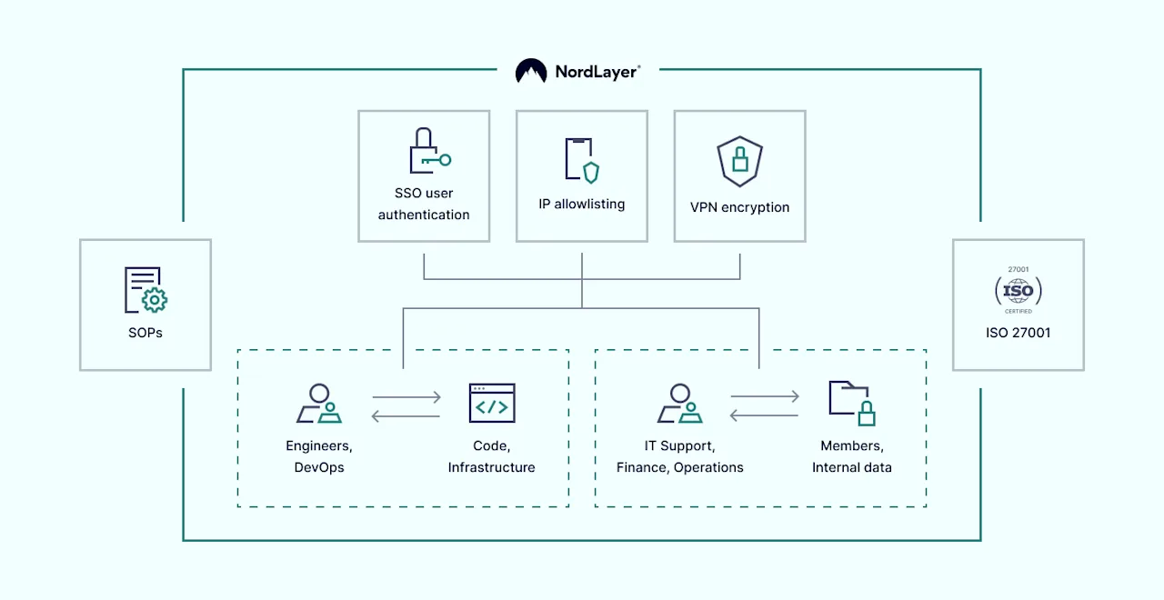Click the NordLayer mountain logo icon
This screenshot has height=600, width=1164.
click(x=531, y=72)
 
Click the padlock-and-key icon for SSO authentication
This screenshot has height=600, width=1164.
click(x=425, y=151)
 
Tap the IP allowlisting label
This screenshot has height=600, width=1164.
click(x=582, y=205)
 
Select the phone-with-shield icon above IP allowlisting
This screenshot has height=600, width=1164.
click(x=582, y=160)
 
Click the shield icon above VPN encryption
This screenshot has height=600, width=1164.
click(x=739, y=160)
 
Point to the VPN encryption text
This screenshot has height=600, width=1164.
click(x=739, y=207)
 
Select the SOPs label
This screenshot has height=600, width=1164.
click(x=145, y=333)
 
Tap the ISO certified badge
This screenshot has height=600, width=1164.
click(x=1018, y=291)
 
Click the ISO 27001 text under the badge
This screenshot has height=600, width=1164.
click(x=1018, y=333)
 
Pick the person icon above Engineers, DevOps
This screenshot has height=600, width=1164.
click(x=318, y=404)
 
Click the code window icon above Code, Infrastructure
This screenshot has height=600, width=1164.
click(x=492, y=404)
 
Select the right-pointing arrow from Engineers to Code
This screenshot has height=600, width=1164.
click(x=406, y=397)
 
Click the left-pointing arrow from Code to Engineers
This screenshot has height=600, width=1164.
click(x=406, y=417)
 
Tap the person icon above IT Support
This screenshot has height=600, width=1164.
click(x=679, y=404)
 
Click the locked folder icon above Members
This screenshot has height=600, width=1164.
click(x=852, y=403)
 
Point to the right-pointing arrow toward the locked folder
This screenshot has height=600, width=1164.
click(x=765, y=396)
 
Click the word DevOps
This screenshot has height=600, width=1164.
click(x=319, y=467)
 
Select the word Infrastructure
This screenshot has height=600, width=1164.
click(x=492, y=467)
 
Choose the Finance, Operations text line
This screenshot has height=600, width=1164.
click(x=680, y=467)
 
